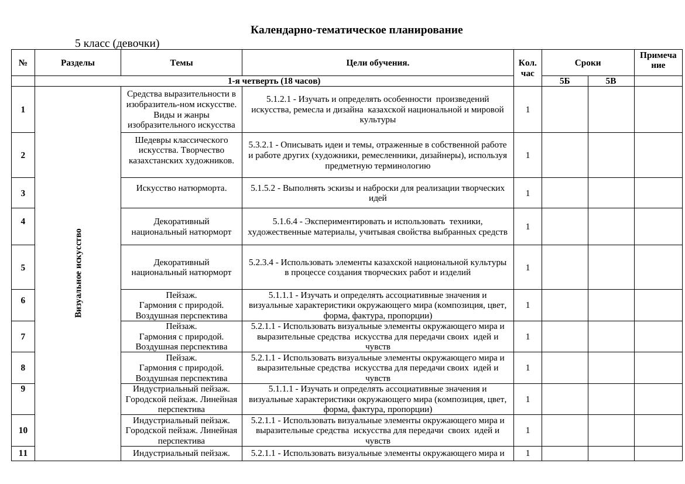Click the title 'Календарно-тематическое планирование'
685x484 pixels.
[356, 30]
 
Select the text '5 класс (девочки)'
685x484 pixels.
[117, 43]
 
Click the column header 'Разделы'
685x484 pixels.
[78, 63]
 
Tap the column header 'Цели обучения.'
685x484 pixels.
[378, 63]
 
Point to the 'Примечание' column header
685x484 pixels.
[658, 60]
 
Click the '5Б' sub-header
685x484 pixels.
[564, 81]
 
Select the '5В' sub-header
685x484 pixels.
[611, 81]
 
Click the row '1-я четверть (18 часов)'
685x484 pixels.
[274, 81]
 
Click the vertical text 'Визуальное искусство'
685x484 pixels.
[78, 273]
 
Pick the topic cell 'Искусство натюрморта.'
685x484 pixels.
[181, 188]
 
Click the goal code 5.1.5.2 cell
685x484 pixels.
[378, 193]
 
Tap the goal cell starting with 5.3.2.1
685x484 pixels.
[378, 155]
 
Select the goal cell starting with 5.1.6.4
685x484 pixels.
[378, 226]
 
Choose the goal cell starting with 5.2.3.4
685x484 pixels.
[378, 267]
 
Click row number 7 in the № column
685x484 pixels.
[23, 337]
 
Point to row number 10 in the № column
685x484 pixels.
[23, 430]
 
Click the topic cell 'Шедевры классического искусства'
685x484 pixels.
[181, 150]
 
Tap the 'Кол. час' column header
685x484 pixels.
[528, 68]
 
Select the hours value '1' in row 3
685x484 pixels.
[528, 193]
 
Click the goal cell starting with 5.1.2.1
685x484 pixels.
[378, 109]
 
